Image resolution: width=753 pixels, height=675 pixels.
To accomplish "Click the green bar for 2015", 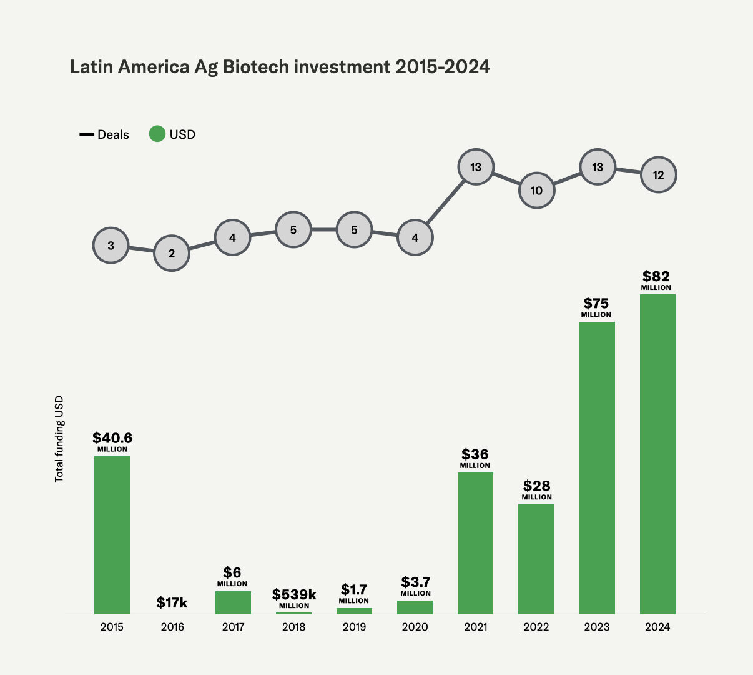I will click(x=112, y=535).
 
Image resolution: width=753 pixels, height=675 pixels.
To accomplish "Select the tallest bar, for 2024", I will click(x=657, y=454).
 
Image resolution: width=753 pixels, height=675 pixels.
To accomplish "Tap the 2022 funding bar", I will click(x=536, y=559).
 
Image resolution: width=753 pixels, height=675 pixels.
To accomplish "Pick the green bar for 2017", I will click(x=233, y=602).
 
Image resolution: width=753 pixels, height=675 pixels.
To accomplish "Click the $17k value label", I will click(x=172, y=602).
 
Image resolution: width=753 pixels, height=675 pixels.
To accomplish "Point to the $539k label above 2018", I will click(x=294, y=595).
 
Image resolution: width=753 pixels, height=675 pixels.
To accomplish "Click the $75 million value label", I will click(x=596, y=304).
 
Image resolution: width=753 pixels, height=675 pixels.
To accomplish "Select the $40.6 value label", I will click(x=112, y=438).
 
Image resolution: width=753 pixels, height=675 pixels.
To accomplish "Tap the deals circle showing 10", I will click(x=537, y=191).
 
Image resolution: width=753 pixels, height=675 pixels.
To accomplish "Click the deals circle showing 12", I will click(x=659, y=175).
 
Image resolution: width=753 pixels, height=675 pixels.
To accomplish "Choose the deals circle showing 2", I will click(x=172, y=253).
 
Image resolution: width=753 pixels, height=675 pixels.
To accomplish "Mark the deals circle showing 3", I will click(x=111, y=246).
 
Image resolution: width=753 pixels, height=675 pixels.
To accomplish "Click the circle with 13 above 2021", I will click(x=476, y=167).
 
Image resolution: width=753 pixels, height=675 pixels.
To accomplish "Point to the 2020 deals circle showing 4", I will click(x=415, y=237).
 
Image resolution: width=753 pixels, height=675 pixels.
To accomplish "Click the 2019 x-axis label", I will click(x=354, y=627).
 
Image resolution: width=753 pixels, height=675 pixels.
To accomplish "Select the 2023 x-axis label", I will click(x=596, y=627).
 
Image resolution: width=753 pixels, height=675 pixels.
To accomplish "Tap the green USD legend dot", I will click(x=157, y=134).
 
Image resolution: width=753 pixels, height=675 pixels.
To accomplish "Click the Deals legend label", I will click(x=113, y=134).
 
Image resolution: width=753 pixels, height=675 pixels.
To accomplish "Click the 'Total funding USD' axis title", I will click(x=59, y=439).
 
